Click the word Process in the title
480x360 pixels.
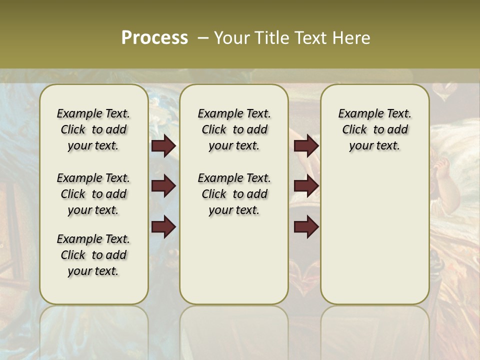point(154,38)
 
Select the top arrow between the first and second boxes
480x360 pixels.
point(163,145)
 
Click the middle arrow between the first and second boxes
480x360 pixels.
point(163,186)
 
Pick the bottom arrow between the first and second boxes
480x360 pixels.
point(163,227)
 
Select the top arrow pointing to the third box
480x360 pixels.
point(306,145)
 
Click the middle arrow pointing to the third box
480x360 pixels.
point(306,186)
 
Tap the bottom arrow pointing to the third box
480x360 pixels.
point(306,227)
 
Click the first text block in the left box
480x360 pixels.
point(93,129)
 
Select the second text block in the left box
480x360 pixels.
point(93,194)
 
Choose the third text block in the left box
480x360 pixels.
point(93,255)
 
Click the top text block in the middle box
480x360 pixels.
point(234,129)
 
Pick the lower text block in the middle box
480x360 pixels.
point(234,194)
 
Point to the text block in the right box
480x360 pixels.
point(374,129)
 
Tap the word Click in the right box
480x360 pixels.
point(354,130)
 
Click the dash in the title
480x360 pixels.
point(203,38)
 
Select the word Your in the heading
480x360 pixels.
point(229,38)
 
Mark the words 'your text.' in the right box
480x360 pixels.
point(374,146)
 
